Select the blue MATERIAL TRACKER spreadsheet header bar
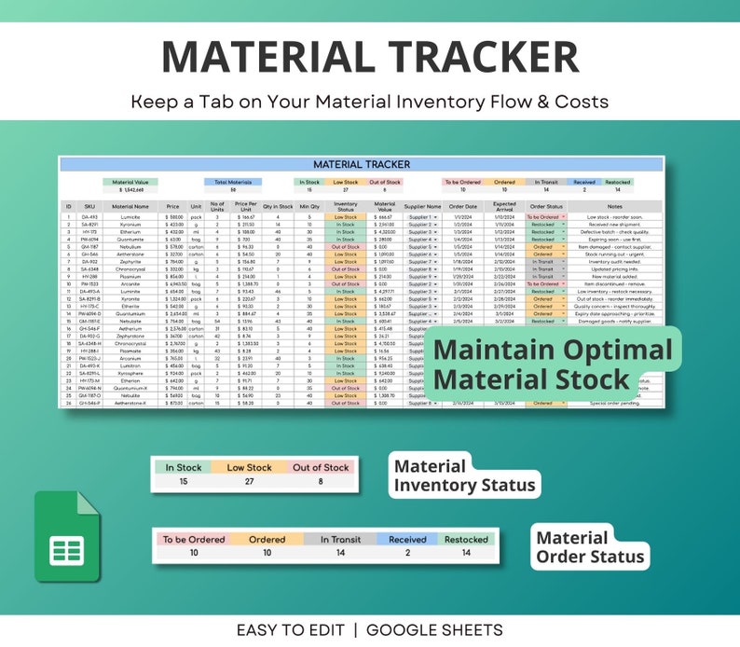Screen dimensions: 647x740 [361, 164]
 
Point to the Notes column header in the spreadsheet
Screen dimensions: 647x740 [613, 206]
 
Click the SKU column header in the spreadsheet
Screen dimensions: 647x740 [90, 206]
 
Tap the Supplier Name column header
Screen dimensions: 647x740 [422, 206]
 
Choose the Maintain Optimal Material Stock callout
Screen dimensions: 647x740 [552, 365]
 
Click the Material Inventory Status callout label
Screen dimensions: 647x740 [463, 475]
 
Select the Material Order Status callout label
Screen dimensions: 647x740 [589, 548]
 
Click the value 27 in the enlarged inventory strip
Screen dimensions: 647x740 [249, 482]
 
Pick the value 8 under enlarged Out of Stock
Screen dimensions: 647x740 [321, 482]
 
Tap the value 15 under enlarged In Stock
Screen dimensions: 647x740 [183, 482]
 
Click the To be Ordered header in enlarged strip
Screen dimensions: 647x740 [194, 539]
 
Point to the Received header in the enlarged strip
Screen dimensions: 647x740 [407, 539]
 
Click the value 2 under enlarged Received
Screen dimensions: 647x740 [407, 553]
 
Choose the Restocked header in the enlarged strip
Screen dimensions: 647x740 [466, 539]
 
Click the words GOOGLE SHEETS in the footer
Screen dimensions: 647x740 [434, 630]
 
